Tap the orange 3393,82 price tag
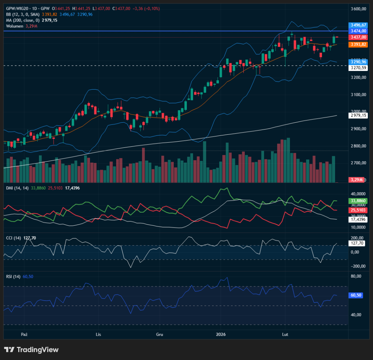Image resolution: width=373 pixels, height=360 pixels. click(358, 44)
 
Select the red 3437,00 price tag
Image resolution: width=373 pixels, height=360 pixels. click(358, 37)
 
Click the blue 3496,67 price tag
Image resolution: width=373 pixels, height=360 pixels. click(358, 25)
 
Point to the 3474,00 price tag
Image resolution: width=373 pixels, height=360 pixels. click(358, 31)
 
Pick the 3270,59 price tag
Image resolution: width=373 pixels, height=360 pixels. click(358, 68)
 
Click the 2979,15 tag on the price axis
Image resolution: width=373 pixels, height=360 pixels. click(358, 115)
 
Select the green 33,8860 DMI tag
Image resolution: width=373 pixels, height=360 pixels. click(358, 201)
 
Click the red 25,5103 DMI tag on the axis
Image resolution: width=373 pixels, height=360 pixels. click(358, 210)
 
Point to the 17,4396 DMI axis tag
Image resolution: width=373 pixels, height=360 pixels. click(358, 219)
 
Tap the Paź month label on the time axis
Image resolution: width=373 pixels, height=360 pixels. click(24, 334)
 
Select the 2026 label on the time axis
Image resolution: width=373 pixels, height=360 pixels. click(221, 334)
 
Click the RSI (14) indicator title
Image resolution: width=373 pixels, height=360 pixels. click(13, 277)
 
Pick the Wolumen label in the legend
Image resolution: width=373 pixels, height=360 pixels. click(15, 26)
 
